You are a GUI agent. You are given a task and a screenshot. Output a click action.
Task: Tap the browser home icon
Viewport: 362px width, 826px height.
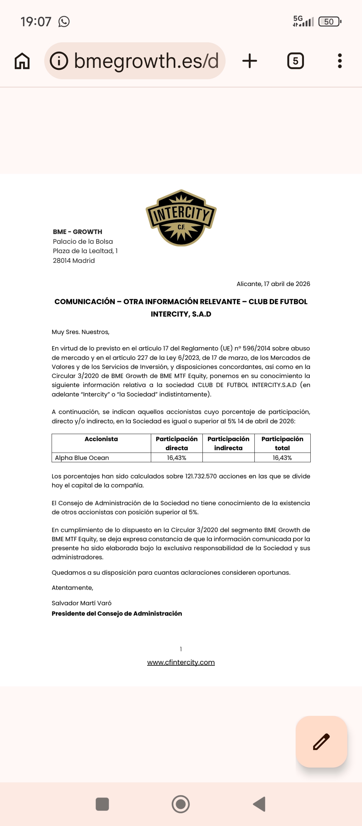tap(22, 61)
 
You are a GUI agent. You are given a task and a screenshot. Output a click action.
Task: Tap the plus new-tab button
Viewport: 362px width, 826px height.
tap(250, 61)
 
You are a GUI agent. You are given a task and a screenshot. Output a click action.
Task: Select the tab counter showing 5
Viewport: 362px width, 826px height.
tap(296, 61)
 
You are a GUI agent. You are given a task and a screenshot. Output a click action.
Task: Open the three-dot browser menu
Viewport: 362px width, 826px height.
tap(340, 61)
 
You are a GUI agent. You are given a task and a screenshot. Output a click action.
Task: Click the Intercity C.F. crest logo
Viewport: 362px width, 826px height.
tap(181, 218)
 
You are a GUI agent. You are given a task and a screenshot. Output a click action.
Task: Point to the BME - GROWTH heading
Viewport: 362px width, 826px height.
tap(77, 232)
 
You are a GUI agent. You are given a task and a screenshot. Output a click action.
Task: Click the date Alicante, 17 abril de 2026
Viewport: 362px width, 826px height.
tap(273, 284)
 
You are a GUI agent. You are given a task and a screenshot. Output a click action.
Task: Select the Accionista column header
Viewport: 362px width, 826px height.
tap(101, 439)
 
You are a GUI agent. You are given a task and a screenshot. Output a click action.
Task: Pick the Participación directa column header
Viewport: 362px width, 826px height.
tap(177, 443)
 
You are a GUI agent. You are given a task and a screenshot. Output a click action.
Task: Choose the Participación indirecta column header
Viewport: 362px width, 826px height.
tap(228, 443)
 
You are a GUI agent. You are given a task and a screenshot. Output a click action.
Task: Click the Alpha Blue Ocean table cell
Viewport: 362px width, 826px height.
tap(82, 458)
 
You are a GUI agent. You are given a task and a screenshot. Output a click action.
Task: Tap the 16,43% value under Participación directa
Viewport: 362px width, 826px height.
tap(177, 458)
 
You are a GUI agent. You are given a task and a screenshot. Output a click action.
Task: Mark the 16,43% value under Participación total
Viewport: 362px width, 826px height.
tap(282, 458)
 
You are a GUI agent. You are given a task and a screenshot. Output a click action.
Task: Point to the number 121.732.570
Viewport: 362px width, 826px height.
tap(201, 476)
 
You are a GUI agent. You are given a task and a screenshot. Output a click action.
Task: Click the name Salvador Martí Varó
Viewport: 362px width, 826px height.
tap(81, 603)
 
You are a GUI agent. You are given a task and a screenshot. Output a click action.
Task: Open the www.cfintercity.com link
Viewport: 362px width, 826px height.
tap(181, 662)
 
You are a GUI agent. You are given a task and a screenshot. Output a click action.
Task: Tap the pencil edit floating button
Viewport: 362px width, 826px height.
tap(321, 742)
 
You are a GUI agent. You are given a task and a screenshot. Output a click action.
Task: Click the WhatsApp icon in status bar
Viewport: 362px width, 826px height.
tap(64, 22)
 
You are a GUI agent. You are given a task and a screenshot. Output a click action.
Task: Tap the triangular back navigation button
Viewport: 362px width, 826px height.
tap(259, 804)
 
